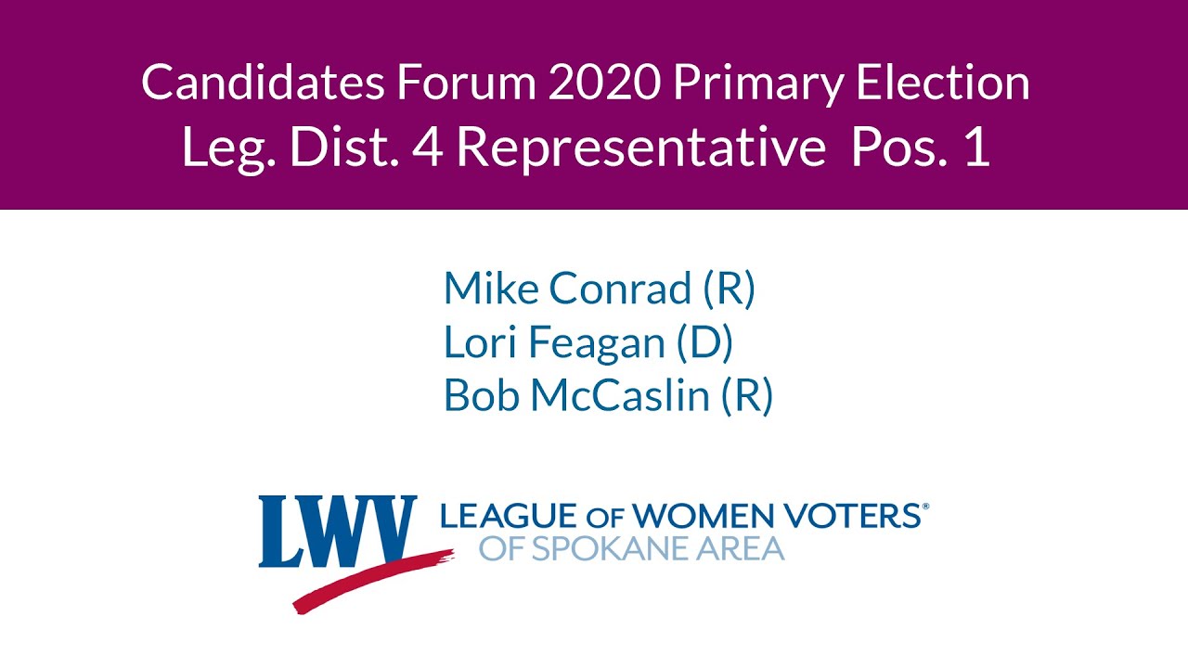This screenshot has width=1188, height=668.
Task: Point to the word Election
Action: point(942,83)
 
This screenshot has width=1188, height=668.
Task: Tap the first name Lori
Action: point(480,342)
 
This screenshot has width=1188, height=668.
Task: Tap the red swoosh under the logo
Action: point(371,580)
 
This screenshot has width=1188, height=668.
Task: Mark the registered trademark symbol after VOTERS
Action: point(923,507)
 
